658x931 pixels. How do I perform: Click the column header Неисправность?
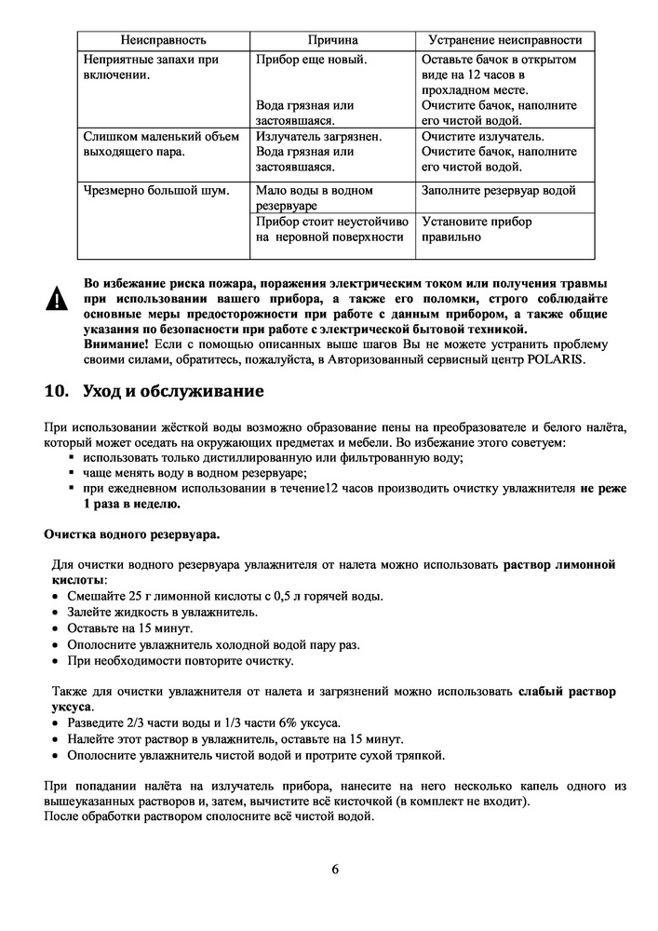(163, 40)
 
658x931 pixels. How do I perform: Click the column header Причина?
(332, 40)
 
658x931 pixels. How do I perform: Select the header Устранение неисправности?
(504, 40)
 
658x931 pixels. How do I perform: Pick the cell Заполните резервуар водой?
(498, 191)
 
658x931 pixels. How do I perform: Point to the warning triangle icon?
(59, 300)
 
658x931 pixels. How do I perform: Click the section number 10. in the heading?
(59, 390)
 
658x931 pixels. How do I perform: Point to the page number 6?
(334, 870)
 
